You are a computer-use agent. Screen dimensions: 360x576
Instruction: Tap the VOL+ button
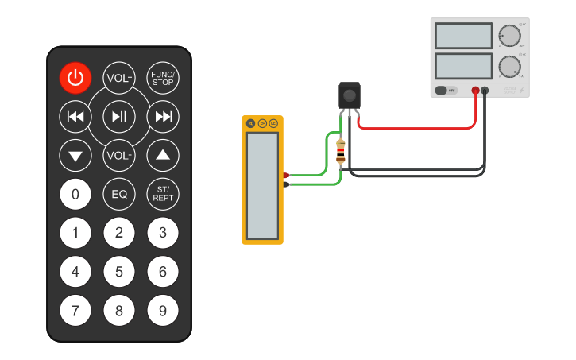pos(119,77)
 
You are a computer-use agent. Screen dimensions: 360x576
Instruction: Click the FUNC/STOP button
pos(163,77)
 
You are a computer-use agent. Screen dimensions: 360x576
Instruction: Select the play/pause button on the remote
pos(119,117)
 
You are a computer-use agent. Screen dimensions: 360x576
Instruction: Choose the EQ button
pos(119,193)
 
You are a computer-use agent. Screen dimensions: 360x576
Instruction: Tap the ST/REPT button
pos(163,193)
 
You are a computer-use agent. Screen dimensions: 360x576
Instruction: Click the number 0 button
pos(75,193)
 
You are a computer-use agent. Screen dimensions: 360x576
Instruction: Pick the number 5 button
pos(119,272)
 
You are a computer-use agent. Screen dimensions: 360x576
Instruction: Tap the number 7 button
pos(75,311)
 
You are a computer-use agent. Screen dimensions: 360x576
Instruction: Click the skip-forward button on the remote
pos(163,117)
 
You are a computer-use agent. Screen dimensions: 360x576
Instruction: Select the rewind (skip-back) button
pos(75,117)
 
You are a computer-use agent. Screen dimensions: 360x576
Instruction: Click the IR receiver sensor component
pos(349,95)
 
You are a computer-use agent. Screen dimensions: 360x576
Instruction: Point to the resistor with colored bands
pos(341,151)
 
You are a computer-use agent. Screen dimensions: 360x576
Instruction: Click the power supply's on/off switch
pos(446,90)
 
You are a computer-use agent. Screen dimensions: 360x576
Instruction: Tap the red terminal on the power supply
pos(475,90)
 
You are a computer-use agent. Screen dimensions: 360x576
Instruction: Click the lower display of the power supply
pos(464,65)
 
